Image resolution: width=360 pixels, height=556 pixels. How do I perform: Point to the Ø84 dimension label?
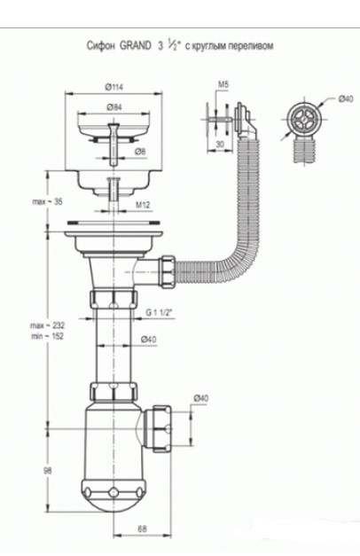point(113,107)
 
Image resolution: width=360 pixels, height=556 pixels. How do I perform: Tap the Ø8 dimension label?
point(140,152)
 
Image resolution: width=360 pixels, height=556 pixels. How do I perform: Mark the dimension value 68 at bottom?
point(142,530)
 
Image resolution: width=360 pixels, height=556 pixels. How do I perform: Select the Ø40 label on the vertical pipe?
point(149,339)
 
